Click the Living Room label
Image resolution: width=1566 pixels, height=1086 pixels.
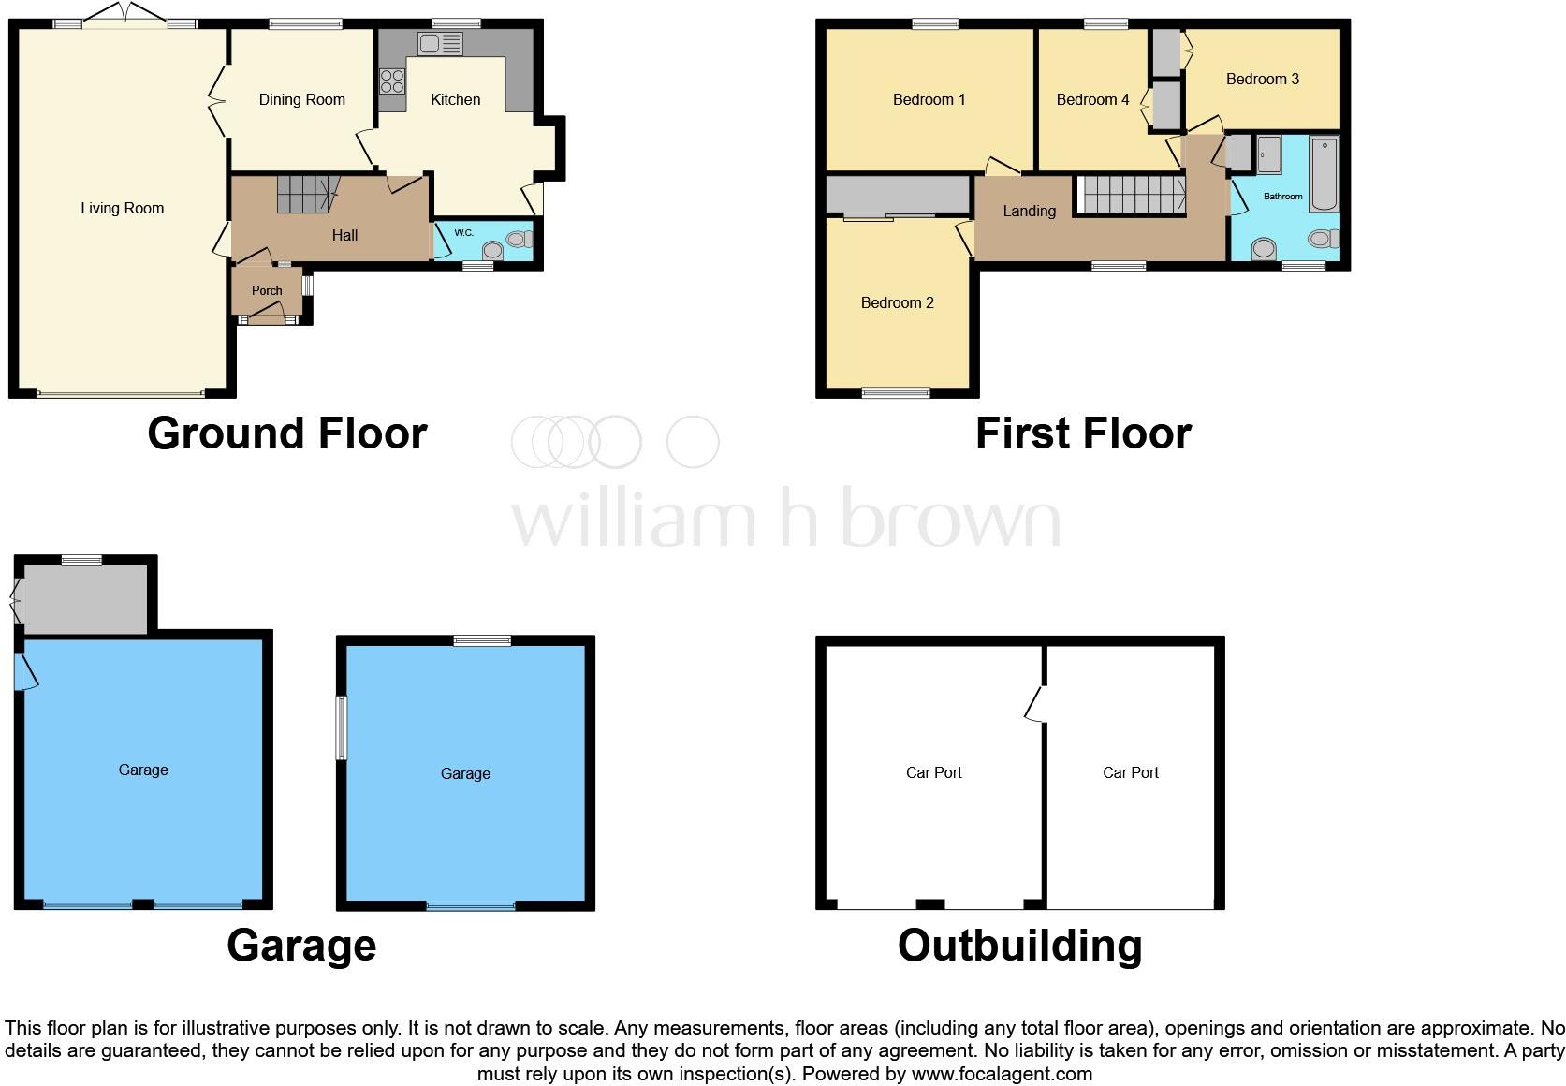pyautogui.click(x=122, y=208)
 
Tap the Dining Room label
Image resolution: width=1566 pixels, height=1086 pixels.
pyautogui.click(x=301, y=99)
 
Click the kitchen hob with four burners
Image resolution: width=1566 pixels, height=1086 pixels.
pyautogui.click(x=392, y=81)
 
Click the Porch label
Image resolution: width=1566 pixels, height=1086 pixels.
pyautogui.click(x=267, y=290)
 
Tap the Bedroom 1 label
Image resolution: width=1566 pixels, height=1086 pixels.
pyautogui.click(x=929, y=99)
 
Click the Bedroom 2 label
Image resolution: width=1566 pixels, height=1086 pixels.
pyautogui.click(x=897, y=302)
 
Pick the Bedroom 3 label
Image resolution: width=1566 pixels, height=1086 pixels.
pyautogui.click(x=1262, y=79)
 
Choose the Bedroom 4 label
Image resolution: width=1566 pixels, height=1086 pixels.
pyautogui.click(x=1092, y=99)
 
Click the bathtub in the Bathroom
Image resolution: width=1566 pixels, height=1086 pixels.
pyautogui.click(x=1324, y=174)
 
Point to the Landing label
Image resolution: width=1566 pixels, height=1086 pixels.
pyautogui.click(x=1029, y=211)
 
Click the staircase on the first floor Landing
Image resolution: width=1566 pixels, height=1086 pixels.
pyautogui.click(x=1134, y=195)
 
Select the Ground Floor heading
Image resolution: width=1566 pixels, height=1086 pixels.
pyautogui.click(x=286, y=433)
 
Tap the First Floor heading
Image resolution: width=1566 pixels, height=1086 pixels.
pyautogui.click(x=1083, y=433)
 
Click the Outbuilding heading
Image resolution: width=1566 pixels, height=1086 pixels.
pyautogui.click(x=1019, y=946)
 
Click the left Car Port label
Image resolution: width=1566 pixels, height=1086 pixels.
pyautogui.click(x=933, y=772)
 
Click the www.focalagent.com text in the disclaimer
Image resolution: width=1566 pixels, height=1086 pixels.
pyautogui.click(x=1002, y=1074)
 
